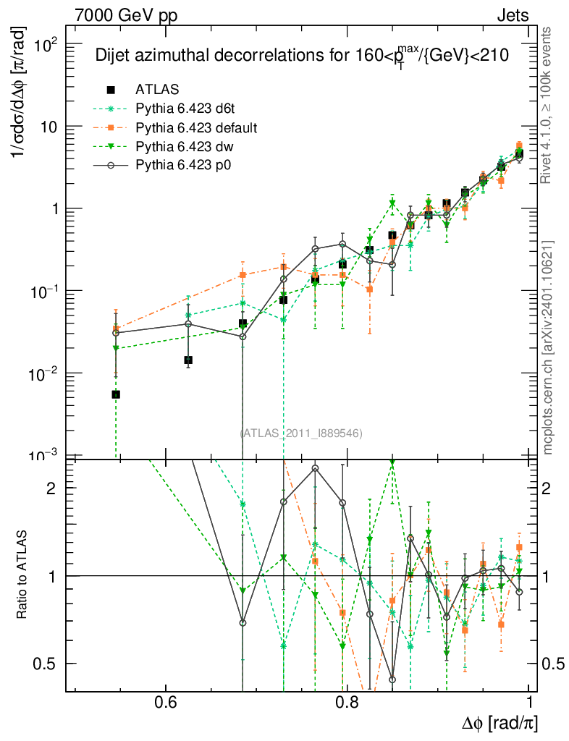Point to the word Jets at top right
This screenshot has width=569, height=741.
512,15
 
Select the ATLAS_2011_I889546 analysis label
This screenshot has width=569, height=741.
301,433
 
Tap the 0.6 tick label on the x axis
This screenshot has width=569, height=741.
166,703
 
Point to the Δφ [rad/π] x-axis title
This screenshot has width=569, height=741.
499,722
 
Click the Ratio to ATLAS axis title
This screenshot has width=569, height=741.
22,576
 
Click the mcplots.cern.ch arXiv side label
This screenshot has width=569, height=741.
549,347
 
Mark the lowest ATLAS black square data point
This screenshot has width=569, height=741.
116,394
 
